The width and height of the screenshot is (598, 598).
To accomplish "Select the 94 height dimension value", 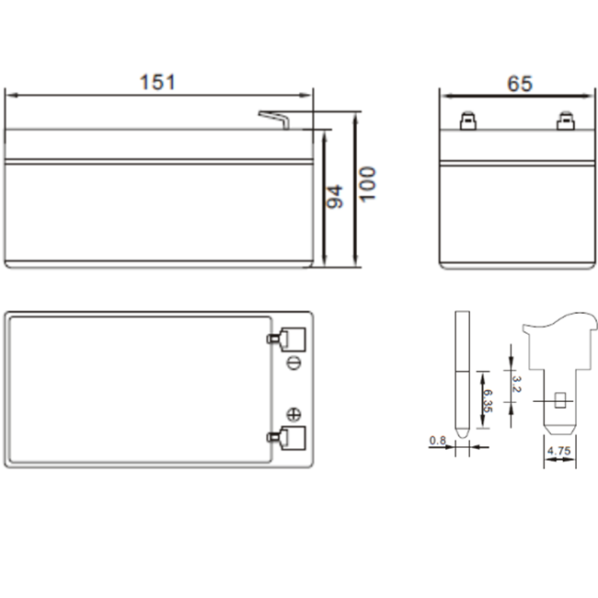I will click(x=335, y=196).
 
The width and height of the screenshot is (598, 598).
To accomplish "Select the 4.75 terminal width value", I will click(x=558, y=452).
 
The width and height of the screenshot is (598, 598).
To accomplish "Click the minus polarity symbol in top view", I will click(x=294, y=362).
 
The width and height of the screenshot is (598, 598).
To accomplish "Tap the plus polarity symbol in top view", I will click(x=294, y=413).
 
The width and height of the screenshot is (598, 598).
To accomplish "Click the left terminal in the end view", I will click(x=467, y=121).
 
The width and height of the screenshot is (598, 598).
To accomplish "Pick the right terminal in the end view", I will click(x=565, y=121).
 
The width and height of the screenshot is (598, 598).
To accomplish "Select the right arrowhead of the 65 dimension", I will click(x=585, y=94).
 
